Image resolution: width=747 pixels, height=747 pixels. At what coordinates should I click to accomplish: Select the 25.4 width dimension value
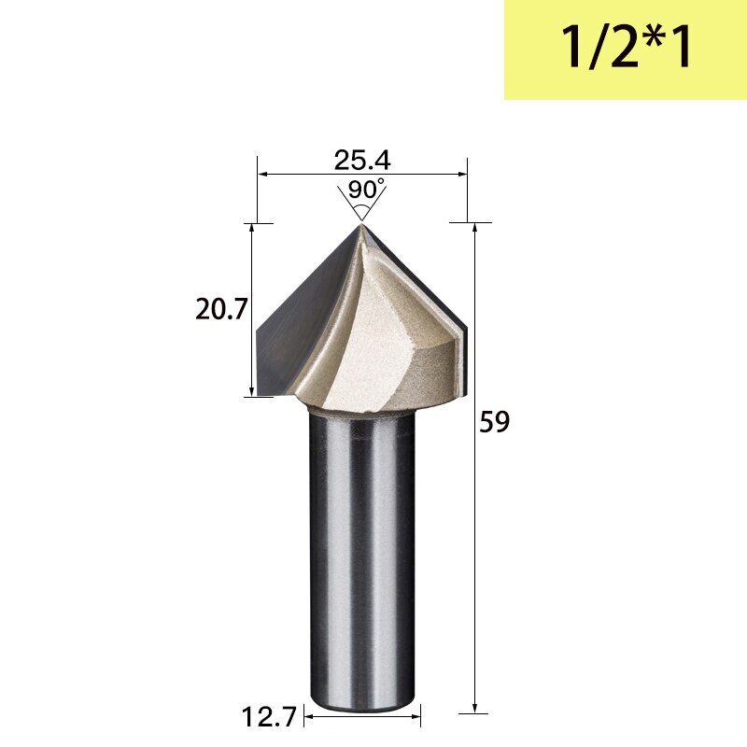362,160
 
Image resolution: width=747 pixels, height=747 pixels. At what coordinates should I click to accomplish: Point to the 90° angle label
365,190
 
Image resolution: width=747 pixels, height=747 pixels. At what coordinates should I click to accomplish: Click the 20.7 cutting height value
220,309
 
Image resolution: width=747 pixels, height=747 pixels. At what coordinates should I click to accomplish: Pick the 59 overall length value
494,423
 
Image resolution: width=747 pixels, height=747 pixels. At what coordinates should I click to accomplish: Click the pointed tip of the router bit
361,224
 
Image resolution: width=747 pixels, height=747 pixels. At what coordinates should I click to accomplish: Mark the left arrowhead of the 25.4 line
262,174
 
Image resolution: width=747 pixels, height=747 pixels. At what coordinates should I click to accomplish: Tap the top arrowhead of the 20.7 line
251,229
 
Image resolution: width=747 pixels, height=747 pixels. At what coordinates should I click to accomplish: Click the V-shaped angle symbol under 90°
361,211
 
